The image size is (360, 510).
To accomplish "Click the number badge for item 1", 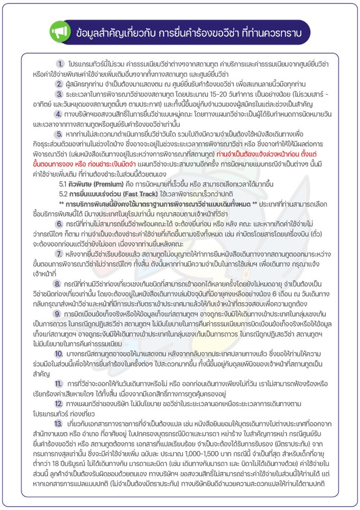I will point(61,64).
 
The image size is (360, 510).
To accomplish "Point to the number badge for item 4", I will point(61,115).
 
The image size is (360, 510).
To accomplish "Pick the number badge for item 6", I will point(60,224).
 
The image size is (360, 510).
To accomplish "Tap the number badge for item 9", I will point(60,322).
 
